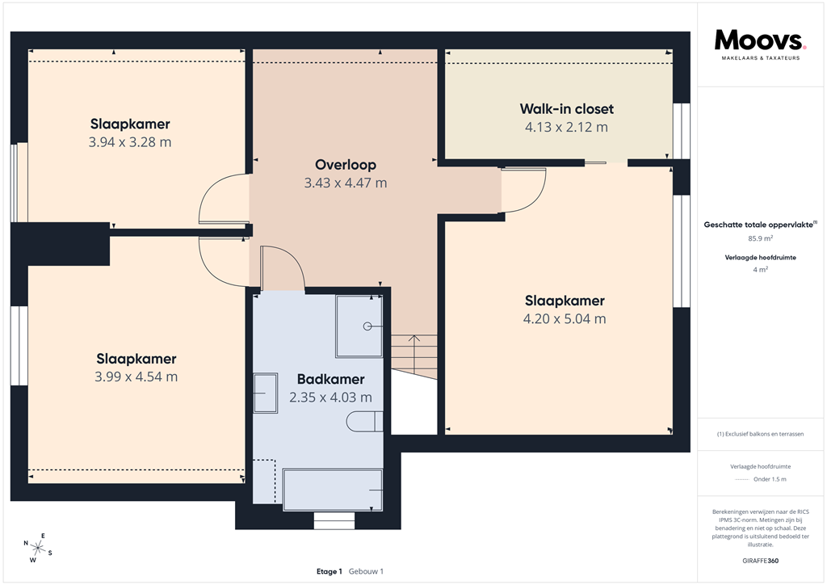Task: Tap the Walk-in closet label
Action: (x=566, y=109)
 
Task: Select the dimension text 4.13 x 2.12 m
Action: (x=566, y=127)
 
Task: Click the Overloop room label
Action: (x=346, y=165)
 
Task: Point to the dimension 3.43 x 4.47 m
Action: (x=346, y=183)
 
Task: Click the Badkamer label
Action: (x=330, y=379)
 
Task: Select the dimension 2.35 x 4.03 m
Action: (x=330, y=398)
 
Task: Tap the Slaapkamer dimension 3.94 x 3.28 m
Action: (x=130, y=142)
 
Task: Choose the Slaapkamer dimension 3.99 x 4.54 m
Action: (x=136, y=377)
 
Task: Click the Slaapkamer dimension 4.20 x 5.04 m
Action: (x=565, y=319)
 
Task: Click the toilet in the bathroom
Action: (x=364, y=421)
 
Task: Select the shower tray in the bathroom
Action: (x=359, y=326)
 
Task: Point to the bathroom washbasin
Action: (x=265, y=394)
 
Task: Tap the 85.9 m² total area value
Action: (x=760, y=239)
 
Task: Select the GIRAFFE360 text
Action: (x=760, y=561)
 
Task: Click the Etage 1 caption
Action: (x=330, y=571)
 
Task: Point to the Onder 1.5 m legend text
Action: (x=770, y=479)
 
